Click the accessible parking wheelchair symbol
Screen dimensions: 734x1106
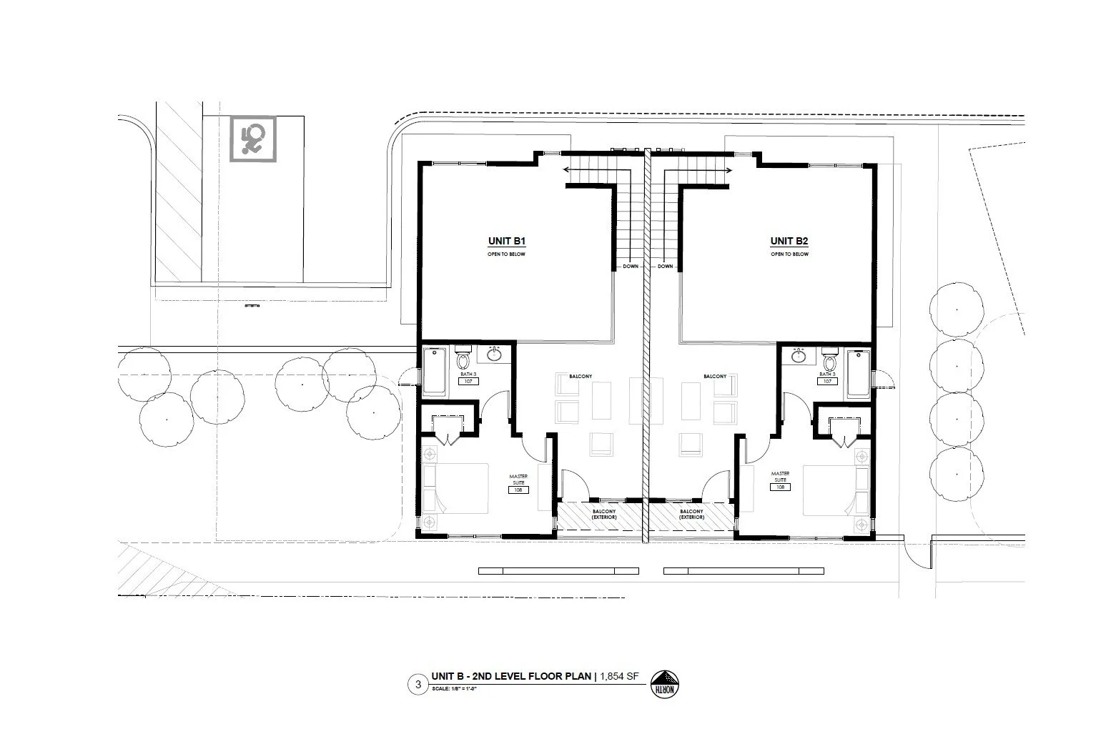[x=252, y=139]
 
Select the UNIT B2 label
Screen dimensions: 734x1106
[x=789, y=242]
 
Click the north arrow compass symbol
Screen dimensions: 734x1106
[x=665, y=684]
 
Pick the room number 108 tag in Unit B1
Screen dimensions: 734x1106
[x=518, y=490]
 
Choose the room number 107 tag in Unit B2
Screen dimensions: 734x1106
[x=827, y=382]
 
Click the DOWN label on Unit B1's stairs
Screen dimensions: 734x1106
[x=630, y=267]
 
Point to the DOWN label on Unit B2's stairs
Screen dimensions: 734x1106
[x=666, y=267]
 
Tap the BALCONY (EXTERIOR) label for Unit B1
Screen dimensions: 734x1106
[x=604, y=514]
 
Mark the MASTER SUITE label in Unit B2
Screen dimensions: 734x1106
[x=780, y=475]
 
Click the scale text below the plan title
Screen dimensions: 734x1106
[x=454, y=689]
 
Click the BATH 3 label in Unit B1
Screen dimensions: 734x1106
[x=468, y=374]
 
